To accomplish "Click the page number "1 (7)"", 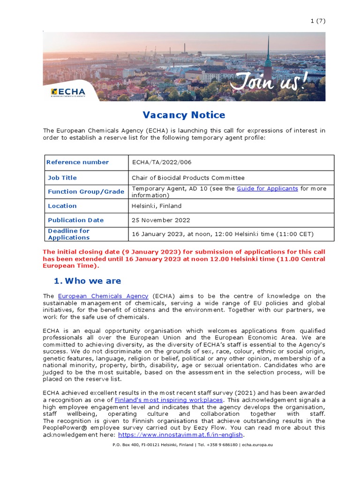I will coord(318,21).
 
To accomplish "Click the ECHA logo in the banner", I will coord(68,92).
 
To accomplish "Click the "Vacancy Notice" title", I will coord(184,115).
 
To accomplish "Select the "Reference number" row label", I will coord(78,162).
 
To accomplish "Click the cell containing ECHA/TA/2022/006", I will coord(162,162).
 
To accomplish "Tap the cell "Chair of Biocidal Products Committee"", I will coord(188,178).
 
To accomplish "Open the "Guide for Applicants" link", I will coord(267,188).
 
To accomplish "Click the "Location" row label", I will coord(62,206).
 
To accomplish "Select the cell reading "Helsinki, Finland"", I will coord(157,206).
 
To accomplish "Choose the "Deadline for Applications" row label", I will coord(68,234).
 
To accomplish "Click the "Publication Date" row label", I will coord(76,220).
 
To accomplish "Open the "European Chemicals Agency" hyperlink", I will coord(103,296).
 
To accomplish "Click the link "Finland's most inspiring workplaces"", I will coord(169,400).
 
